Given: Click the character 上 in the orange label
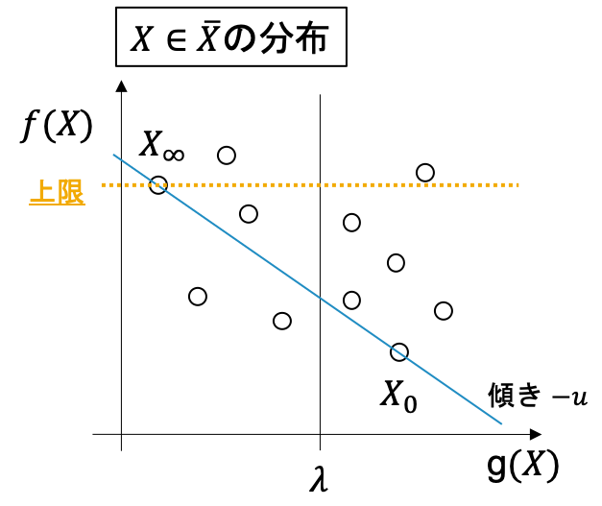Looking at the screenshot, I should pos(43,191).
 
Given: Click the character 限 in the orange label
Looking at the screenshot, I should pos(71,191).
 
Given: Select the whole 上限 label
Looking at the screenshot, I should pos(57,192).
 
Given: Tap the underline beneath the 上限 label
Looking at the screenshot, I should pos(57,205).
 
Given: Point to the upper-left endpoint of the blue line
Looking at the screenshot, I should pos(113,155).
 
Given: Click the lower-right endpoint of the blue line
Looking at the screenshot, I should pos(501,423).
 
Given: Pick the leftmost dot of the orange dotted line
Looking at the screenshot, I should pos(104,184).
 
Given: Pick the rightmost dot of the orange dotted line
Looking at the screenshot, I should pos(517,184).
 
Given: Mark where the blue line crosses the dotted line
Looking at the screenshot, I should pos(157,184).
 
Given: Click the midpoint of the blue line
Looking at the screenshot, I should pos(307,289).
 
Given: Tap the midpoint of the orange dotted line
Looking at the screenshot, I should pos(310,184).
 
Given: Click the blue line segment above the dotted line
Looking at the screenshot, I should pos(134,169).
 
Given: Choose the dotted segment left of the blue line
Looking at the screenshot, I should pos(128,184).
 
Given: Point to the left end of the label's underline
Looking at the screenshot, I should pos(31,205).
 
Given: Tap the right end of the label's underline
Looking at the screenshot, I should pos(84,205).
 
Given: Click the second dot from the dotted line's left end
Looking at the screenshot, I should pos(110,184).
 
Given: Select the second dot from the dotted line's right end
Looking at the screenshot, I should pos(510,184).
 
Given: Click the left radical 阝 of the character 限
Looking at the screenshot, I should pos(63,191).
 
